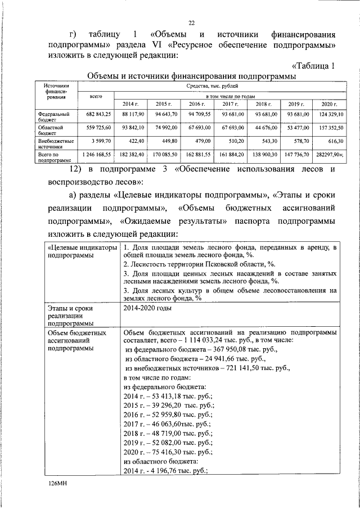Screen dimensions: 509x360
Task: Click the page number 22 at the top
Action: coord(191,22)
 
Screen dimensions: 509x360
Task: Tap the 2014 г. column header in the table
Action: coord(130,105)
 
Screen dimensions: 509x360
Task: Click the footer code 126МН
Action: coord(57,483)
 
